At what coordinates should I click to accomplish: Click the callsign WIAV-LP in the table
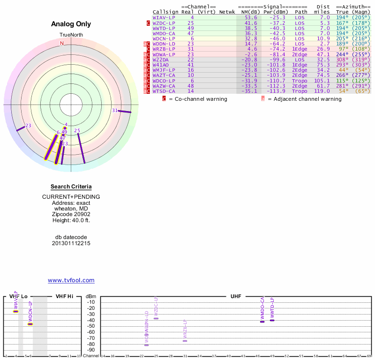pos(163,17)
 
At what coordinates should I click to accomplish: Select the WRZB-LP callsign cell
pos(164,49)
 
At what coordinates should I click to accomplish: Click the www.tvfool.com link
pos(71,280)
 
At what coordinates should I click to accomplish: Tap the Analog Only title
pos(71,24)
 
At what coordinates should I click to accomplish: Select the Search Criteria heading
pos(71,187)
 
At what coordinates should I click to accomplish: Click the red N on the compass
pos(61,43)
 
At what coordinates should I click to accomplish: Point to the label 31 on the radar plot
pos(115,110)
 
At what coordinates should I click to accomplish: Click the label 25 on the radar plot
pos(77,130)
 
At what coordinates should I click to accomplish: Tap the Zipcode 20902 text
pos(71,214)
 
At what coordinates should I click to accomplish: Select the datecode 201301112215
pos(71,243)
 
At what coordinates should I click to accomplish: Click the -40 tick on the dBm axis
pos(91,320)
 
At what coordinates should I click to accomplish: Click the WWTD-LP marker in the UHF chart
pos(272,320)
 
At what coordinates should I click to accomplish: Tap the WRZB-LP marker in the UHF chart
pos(185,341)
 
